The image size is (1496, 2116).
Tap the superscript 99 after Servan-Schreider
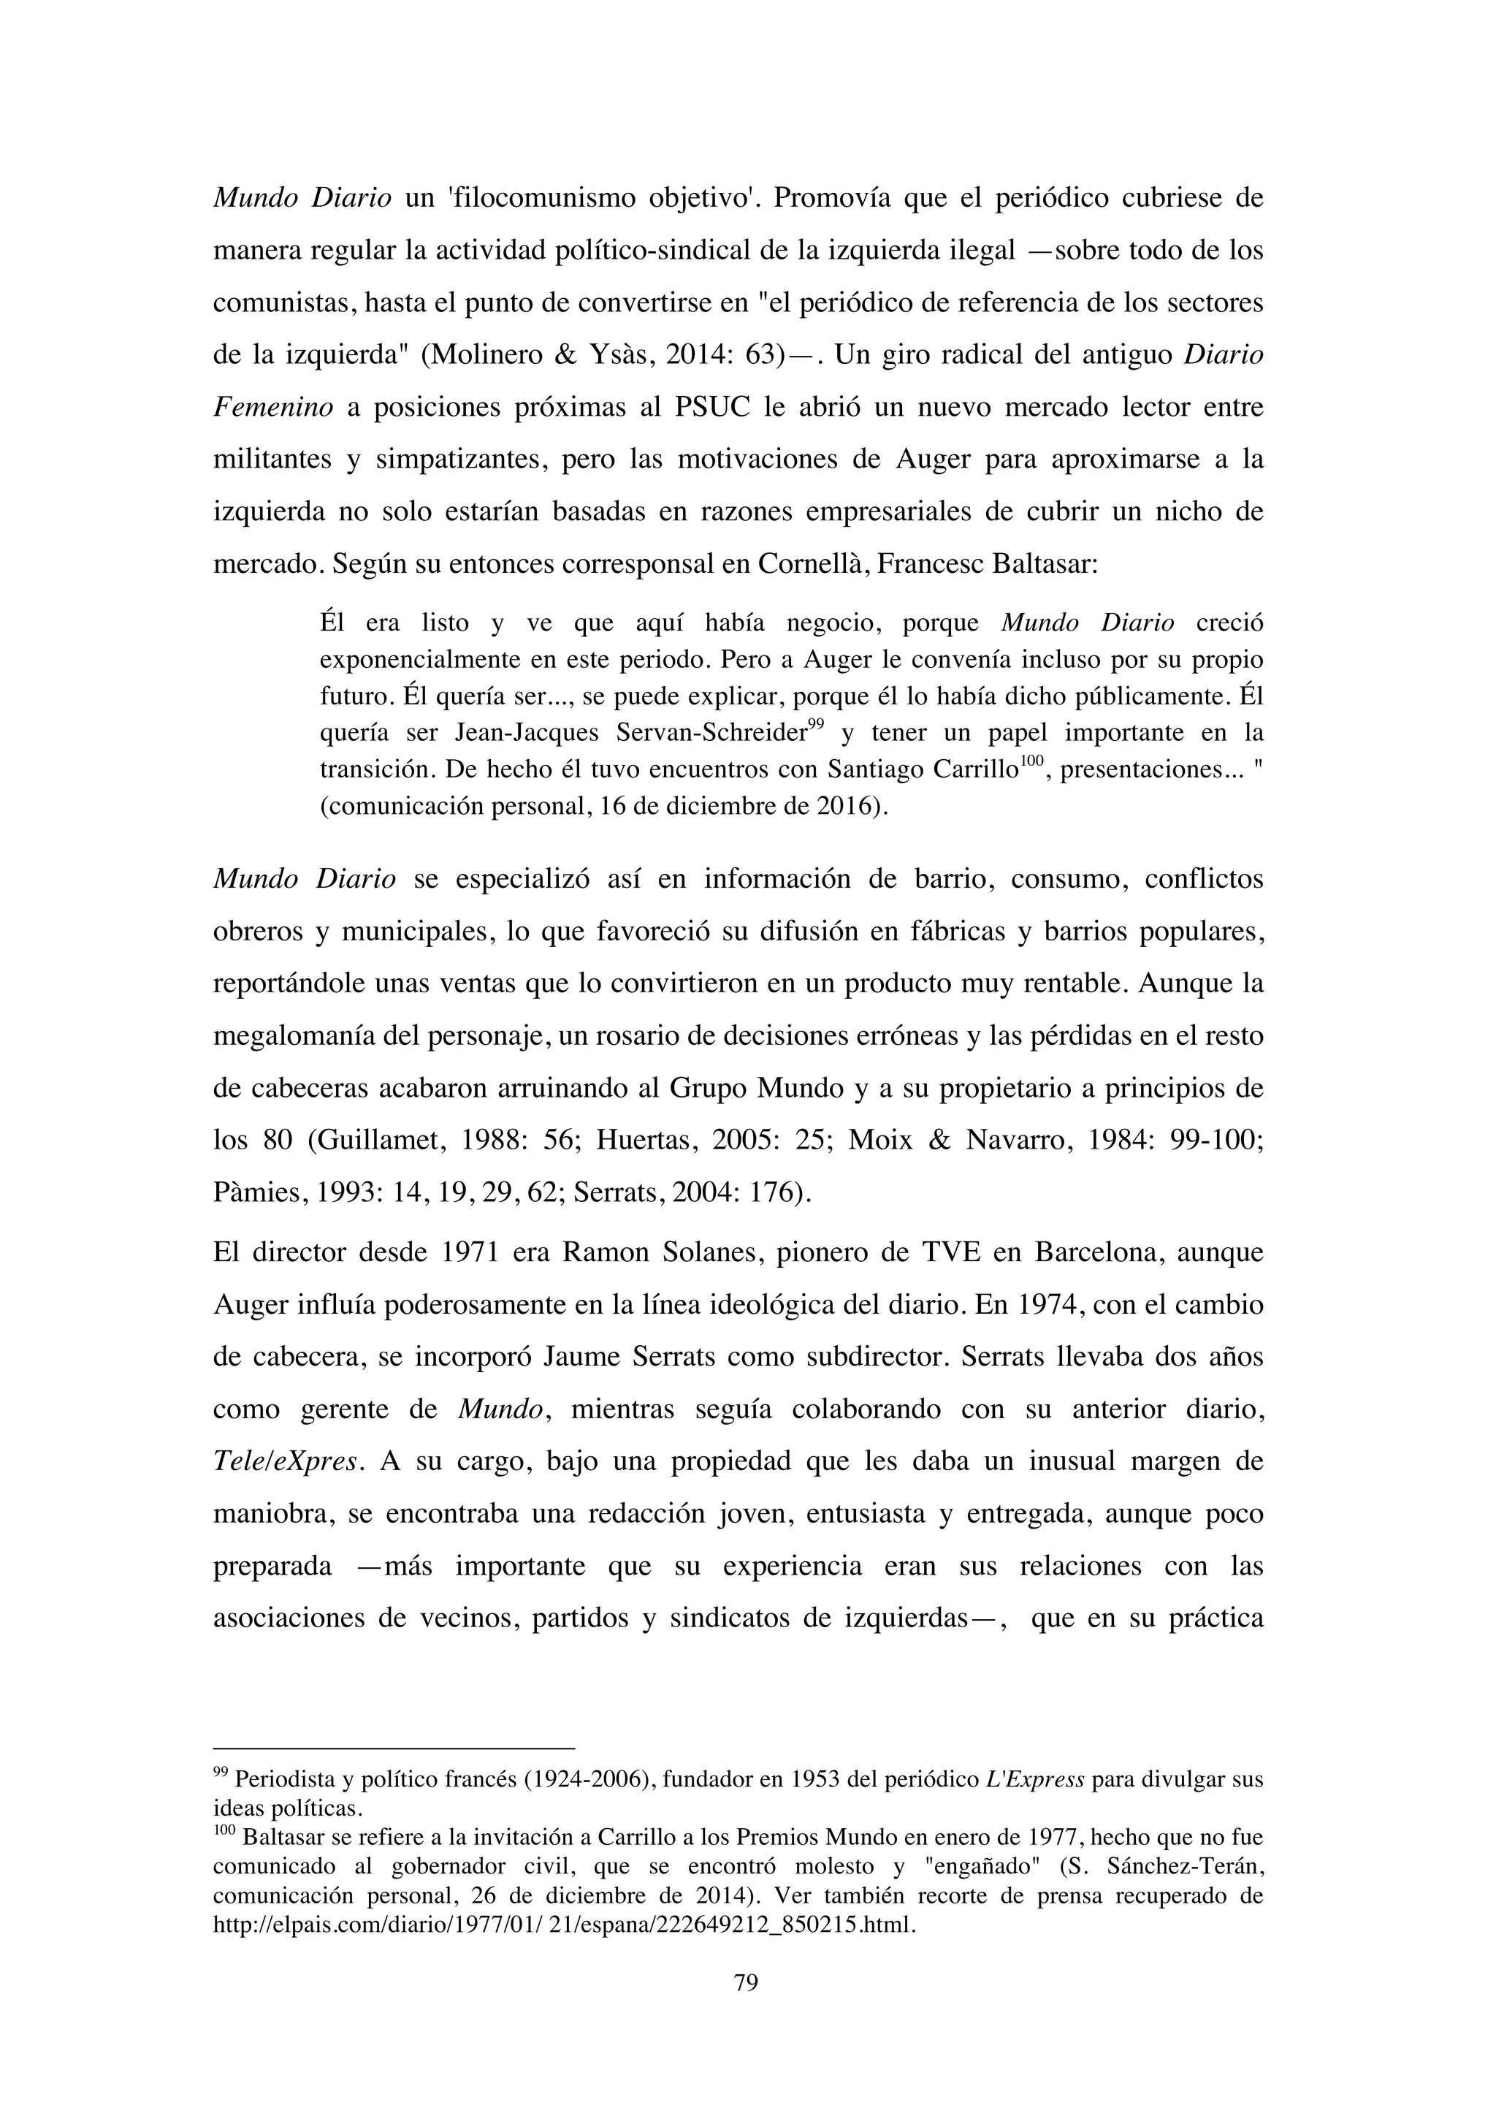(x=815, y=724)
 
